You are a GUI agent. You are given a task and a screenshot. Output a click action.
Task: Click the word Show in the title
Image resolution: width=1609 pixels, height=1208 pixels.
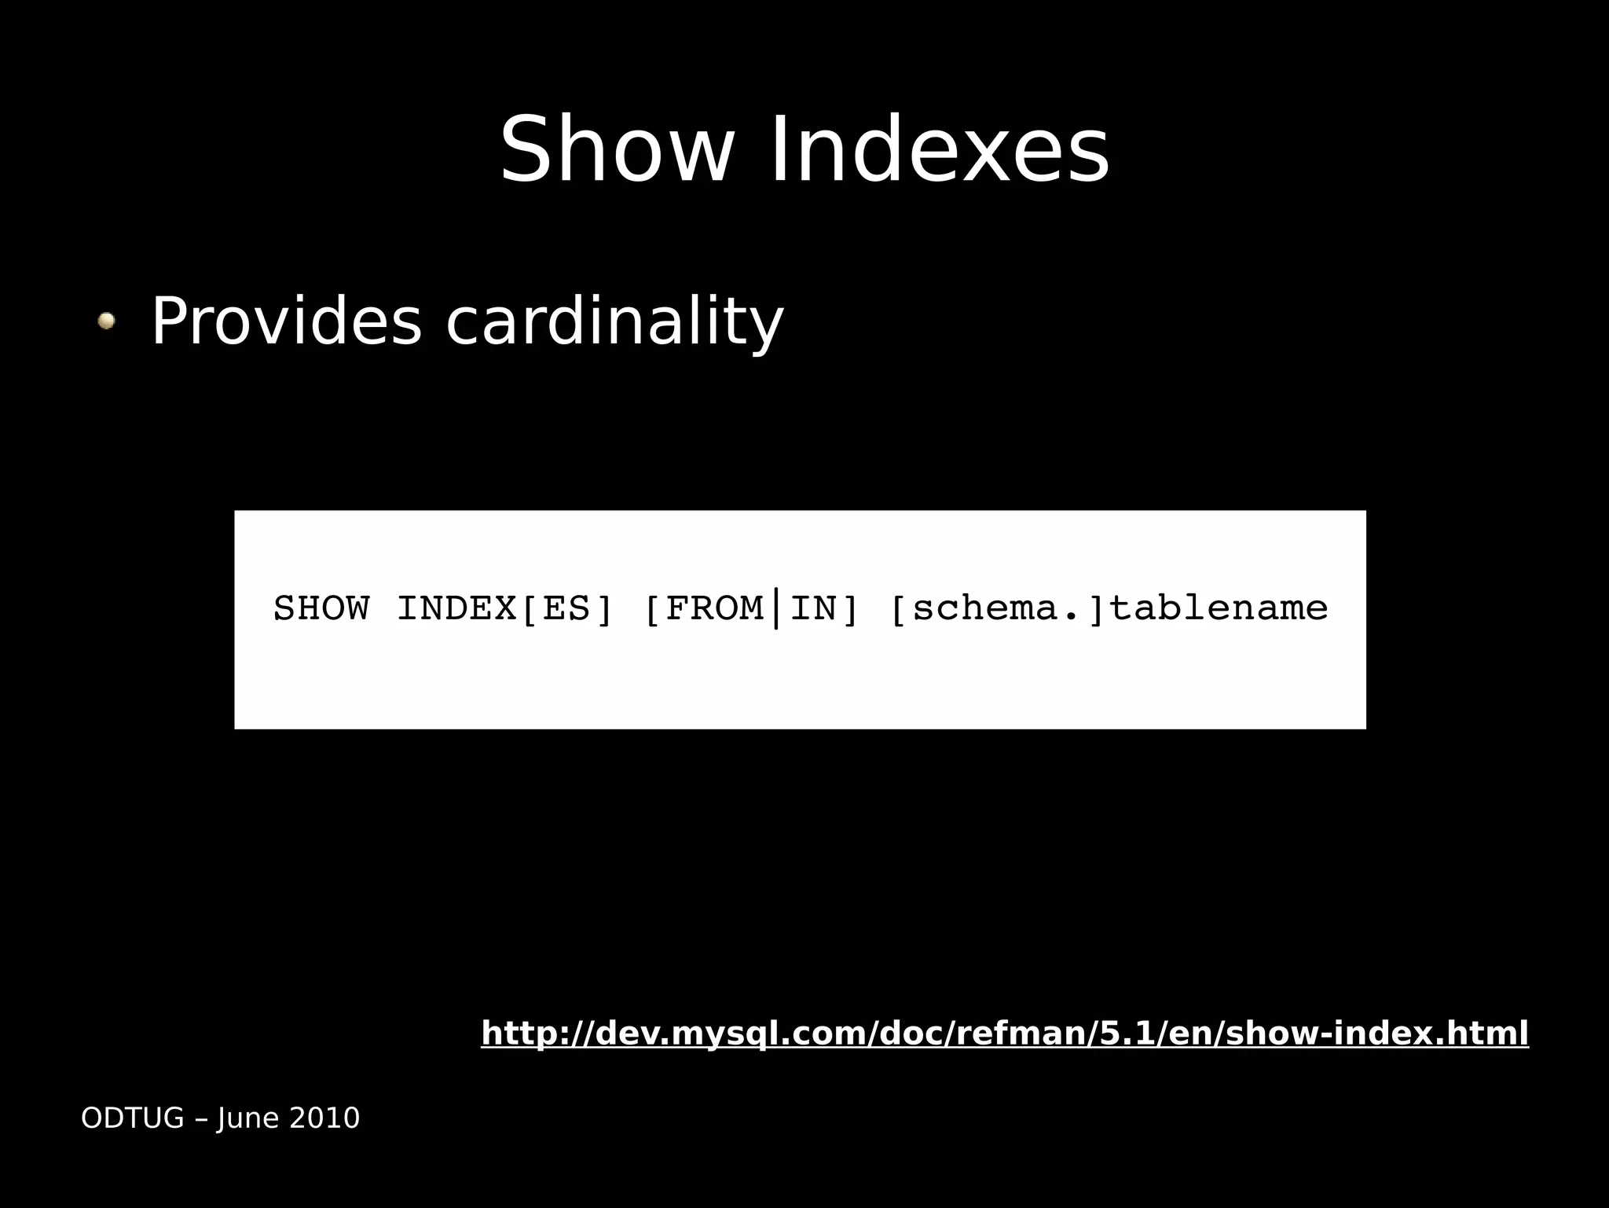[x=617, y=150]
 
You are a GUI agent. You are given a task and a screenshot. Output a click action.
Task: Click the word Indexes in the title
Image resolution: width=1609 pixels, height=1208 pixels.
[x=940, y=150]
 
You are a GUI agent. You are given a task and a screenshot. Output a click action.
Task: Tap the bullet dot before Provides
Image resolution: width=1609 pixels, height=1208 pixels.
[x=106, y=321]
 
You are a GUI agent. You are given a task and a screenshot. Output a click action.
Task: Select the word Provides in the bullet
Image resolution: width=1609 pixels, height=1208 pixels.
[x=287, y=321]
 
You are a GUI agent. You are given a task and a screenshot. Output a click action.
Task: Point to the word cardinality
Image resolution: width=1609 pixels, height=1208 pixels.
[x=614, y=321]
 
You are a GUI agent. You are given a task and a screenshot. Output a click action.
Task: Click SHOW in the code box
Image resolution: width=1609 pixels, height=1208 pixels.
[x=321, y=608]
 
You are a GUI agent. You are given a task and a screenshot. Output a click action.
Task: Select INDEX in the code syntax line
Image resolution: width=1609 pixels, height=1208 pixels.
[x=456, y=608]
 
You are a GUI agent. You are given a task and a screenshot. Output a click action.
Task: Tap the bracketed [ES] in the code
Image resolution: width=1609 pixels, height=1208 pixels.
[x=566, y=608]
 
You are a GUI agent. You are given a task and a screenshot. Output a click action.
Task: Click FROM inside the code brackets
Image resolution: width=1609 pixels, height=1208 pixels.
[x=714, y=608]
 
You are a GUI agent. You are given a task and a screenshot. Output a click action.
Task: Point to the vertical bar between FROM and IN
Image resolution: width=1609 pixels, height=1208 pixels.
[x=776, y=608]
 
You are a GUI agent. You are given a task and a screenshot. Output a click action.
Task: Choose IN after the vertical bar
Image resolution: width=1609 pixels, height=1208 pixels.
[x=813, y=608]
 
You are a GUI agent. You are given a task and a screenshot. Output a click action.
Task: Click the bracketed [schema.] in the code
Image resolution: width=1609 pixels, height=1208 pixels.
[x=998, y=608]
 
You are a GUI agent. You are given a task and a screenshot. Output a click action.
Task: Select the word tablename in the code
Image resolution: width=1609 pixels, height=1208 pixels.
[x=1218, y=608]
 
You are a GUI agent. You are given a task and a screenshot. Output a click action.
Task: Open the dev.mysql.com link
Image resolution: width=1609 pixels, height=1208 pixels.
[x=1005, y=1033]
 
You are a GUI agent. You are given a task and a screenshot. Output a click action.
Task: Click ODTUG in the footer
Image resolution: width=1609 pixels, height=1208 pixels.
[x=132, y=1118]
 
